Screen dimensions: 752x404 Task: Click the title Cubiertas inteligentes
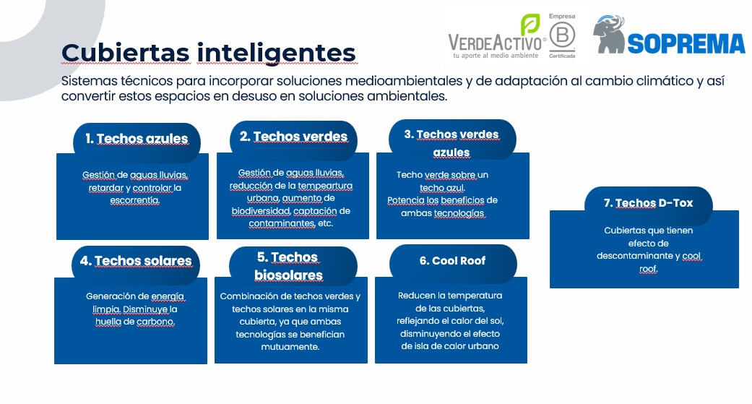click(209, 53)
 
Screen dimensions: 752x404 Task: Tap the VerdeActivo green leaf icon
click(530, 25)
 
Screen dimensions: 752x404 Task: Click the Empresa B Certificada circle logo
click(562, 36)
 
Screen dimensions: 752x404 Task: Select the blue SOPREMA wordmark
click(686, 43)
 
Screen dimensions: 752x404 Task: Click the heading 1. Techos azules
click(137, 139)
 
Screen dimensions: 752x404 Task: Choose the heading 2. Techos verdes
click(293, 137)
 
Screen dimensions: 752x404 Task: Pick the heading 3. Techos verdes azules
click(451, 143)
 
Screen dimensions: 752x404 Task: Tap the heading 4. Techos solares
click(136, 261)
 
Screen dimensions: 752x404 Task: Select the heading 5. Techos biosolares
click(288, 266)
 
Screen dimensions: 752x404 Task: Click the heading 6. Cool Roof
click(452, 260)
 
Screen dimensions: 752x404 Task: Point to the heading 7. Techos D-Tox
click(649, 203)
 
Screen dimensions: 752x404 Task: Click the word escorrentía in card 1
click(134, 200)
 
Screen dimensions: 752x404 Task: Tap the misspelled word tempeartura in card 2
click(325, 186)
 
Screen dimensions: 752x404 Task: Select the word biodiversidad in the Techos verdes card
click(261, 211)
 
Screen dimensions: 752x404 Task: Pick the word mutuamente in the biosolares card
click(290, 346)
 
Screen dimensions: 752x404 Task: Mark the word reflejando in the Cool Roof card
click(418, 320)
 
